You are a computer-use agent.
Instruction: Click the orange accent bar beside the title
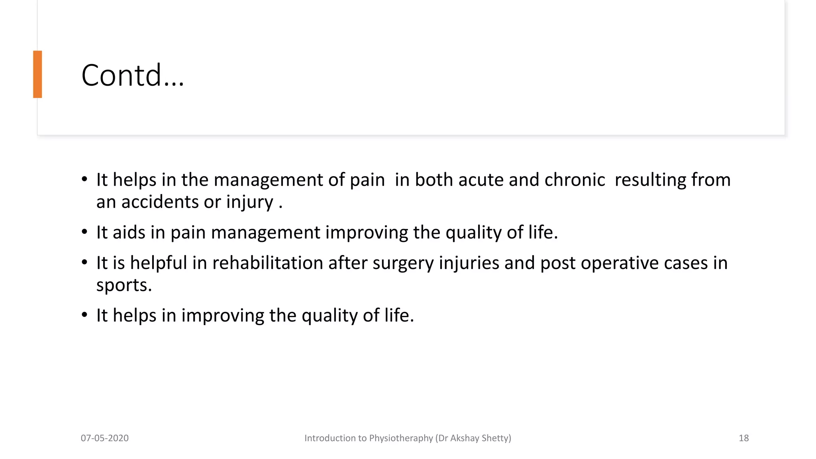pos(37,74)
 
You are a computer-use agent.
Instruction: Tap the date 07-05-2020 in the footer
pos(104,438)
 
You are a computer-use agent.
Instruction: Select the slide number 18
pos(743,438)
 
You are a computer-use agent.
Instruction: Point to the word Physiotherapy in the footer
pos(401,438)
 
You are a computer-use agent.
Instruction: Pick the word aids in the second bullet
pos(129,232)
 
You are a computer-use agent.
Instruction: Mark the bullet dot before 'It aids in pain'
pos(84,232)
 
